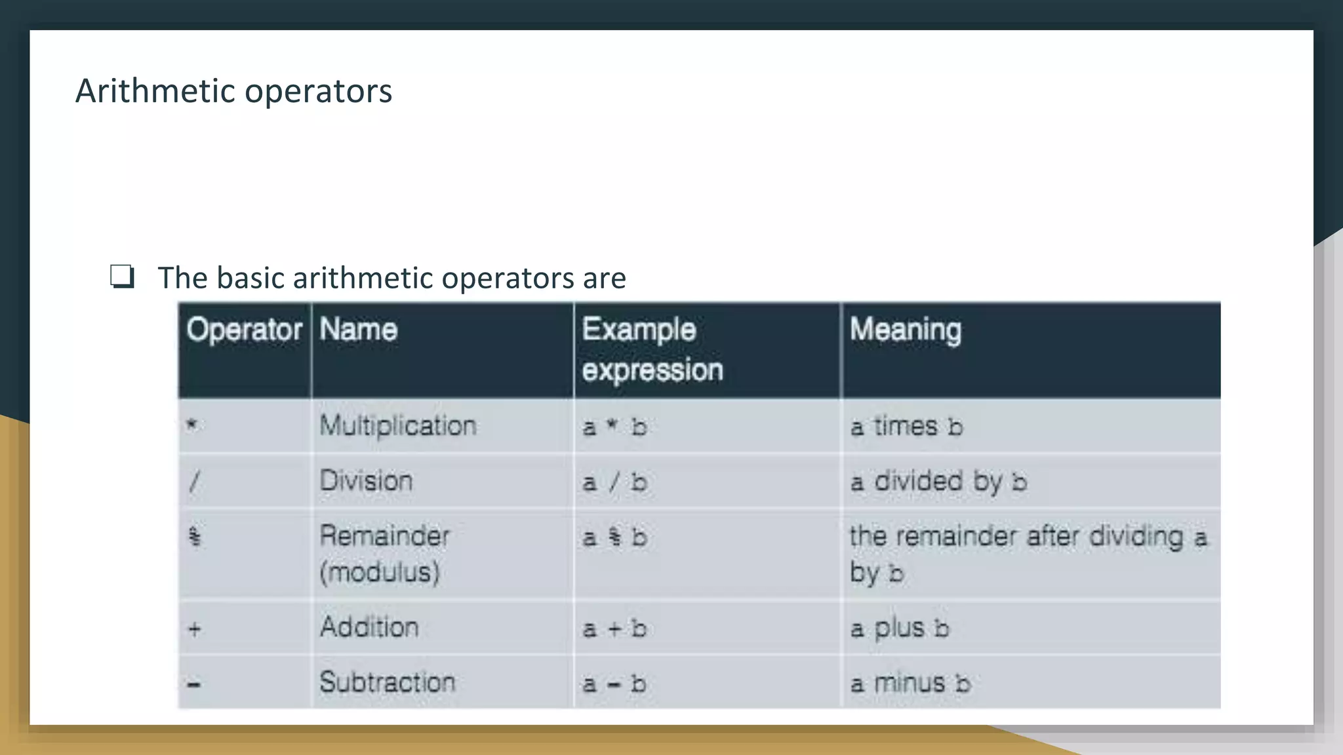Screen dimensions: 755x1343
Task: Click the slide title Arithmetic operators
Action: click(233, 90)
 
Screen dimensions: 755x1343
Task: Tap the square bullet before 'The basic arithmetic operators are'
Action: click(123, 277)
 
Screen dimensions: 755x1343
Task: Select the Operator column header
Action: click(244, 330)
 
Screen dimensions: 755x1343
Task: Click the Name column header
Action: click(358, 330)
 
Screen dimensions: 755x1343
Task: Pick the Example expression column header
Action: click(652, 349)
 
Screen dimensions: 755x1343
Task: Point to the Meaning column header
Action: click(905, 330)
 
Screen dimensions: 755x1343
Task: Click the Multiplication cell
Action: click(398, 426)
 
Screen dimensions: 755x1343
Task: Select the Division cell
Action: click(366, 481)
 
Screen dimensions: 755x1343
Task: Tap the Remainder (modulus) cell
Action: click(384, 554)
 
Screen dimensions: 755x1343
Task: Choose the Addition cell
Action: click(369, 627)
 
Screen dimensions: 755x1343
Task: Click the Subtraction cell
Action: click(387, 682)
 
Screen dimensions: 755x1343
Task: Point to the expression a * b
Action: click(614, 427)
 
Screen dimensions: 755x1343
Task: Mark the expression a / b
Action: click(614, 482)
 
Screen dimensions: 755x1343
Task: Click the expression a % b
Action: click(614, 537)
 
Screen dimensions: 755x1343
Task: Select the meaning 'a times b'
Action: click(906, 427)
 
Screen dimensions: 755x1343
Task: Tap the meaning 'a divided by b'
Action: click(938, 482)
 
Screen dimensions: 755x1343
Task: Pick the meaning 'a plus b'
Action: click(900, 629)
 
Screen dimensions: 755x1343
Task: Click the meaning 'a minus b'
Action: click(910, 684)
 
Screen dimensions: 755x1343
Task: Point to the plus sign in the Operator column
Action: click(194, 629)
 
